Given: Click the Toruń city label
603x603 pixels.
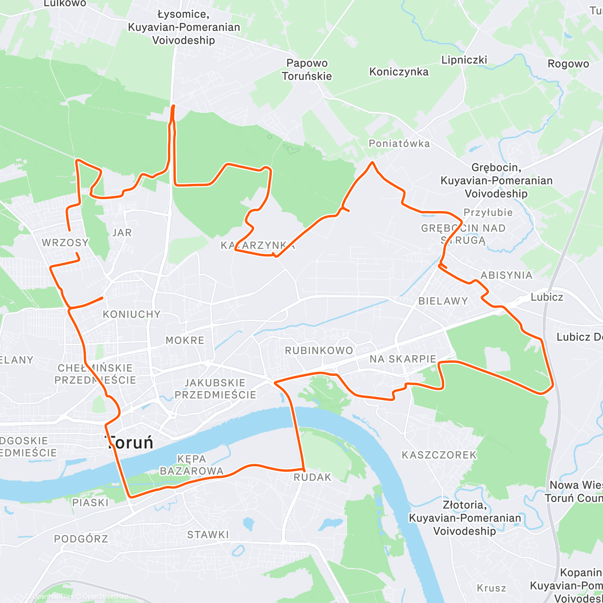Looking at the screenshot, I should [x=129, y=443].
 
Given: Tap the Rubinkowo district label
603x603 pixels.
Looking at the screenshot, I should [x=319, y=350].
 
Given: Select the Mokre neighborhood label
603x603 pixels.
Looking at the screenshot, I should [x=185, y=340].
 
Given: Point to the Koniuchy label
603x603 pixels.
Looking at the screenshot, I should [x=132, y=314].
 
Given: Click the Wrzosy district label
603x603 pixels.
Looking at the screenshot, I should [x=65, y=243].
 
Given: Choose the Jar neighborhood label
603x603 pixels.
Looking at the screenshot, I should [x=122, y=232].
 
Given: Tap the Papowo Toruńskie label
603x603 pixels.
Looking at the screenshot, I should [x=307, y=70].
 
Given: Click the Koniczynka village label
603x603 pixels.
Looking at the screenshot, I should [x=399, y=72].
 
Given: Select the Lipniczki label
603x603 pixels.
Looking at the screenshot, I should [x=464, y=60].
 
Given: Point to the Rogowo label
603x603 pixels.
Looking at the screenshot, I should [x=568, y=64].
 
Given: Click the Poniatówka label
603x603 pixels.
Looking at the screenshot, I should [x=399, y=144].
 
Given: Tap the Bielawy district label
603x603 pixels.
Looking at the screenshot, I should [x=443, y=301].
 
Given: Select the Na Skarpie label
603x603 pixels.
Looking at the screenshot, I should [x=403, y=359].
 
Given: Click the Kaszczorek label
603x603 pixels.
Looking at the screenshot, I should [x=439, y=455].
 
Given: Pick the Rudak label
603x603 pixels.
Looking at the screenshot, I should [x=313, y=477].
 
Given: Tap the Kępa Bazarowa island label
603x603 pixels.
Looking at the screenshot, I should [x=191, y=465].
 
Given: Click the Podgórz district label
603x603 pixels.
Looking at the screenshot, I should [x=81, y=539].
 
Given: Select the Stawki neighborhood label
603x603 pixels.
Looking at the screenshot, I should [x=208, y=535].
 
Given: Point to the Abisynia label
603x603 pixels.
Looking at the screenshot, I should [x=506, y=275].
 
